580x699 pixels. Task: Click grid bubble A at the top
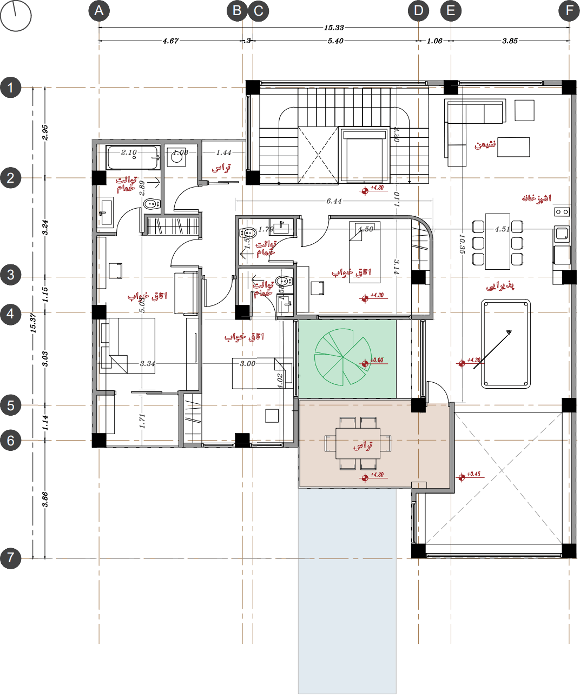coord(99,11)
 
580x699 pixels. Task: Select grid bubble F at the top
coord(569,11)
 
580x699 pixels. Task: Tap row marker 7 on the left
coord(11,558)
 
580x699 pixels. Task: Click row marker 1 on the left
coord(11,88)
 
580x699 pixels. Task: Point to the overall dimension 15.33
coord(334,28)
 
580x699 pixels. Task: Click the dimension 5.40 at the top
coord(335,41)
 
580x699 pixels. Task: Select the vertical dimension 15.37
coord(33,323)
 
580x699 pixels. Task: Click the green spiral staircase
coord(343,357)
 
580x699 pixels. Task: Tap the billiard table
coord(506,344)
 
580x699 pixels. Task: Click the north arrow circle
coord(16,16)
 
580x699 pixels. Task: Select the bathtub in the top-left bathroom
coord(133,158)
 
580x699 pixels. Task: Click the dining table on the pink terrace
coord(358,444)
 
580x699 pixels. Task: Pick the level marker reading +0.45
coord(473,474)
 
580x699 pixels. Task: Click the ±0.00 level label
coord(377,360)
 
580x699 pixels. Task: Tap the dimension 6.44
coord(334,201)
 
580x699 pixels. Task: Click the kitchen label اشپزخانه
coord(536,198)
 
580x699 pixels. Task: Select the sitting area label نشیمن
coord(485,144)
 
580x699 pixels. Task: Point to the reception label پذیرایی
coord(500,285)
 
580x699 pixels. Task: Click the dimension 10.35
coord(462,244)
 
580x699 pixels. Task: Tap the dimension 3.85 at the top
coord(510,41)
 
